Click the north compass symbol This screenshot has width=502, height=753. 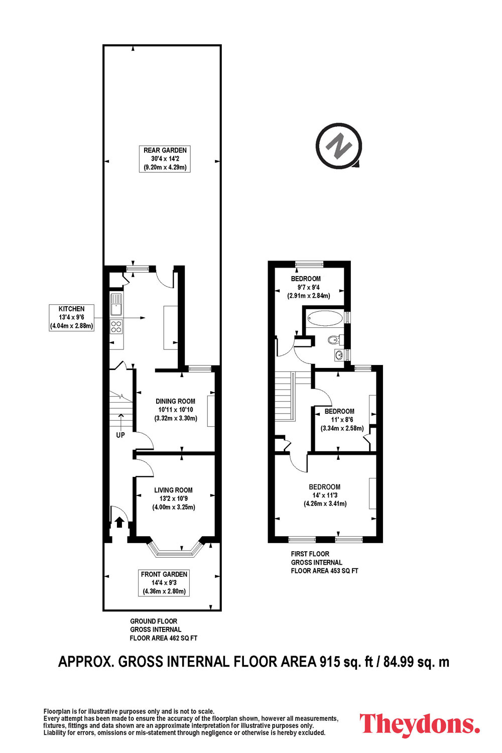(x=339, y=146)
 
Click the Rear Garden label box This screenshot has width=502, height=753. (x=165, y=159)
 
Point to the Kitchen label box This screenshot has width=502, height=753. (x=71, y=317)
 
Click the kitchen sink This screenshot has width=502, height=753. (x=116, y=304)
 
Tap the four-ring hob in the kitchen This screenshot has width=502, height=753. (x=116, y=326)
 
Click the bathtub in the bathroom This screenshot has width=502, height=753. (x=325, y=318)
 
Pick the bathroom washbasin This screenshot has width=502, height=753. (x=339, y=354)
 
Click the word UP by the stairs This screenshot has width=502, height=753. (x=120, y=435)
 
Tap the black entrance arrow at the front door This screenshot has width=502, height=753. (x=119, y=522)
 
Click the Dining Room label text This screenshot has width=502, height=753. (x=175, y=401)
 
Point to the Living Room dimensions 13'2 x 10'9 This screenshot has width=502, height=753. (x=173, y=498)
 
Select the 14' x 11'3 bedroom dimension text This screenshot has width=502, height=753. (x=325, y=495)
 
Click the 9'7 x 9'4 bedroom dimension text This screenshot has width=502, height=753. (x=308, y=288)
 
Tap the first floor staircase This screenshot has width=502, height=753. (x=285, y=396)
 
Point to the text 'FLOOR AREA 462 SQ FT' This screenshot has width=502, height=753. (x=164, y=638)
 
